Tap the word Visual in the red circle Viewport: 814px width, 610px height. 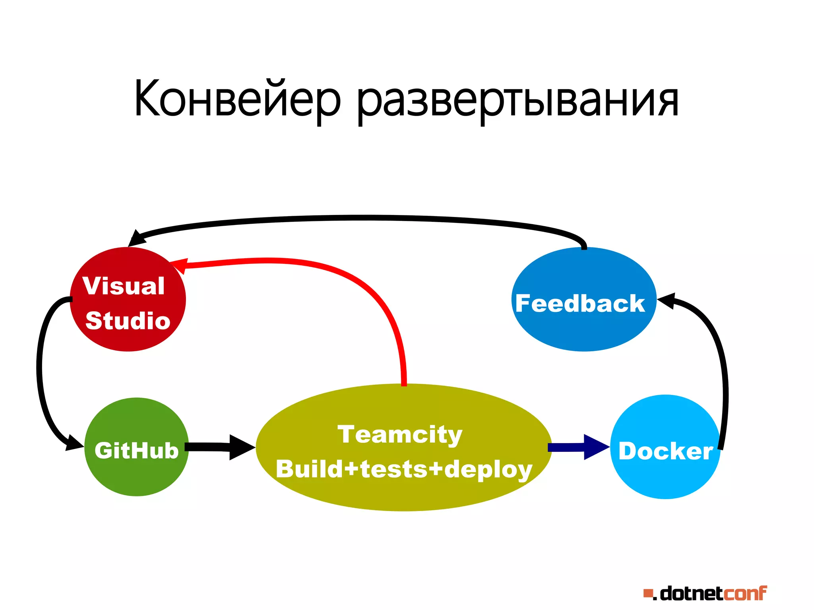(x=124, y=286)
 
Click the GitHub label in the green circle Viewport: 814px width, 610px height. (x=137, y=450)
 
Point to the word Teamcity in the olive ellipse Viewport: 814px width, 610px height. (x=400, y=434)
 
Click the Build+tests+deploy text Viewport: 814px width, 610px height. (x=404, y=469)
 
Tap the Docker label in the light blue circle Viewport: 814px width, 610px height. (x=665, y=451)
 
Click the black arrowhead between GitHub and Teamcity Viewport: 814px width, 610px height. (x=240, y=447)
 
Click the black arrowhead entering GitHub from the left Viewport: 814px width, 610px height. (x=75, y=443)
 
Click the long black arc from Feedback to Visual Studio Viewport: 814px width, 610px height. (x=358, y=218)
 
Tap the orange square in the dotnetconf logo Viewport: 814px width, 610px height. (x=648, y=594)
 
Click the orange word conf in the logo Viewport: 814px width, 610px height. (x=744, y=593)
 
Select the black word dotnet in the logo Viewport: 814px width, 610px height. (x=691, y=593)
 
